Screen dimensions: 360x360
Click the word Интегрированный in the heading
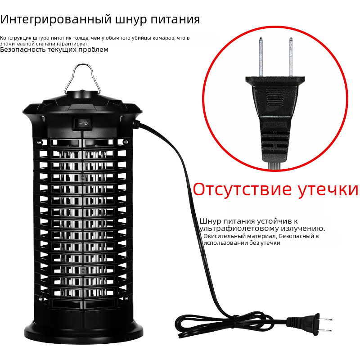click(x=55, y=20)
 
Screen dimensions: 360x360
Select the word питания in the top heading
click(x=175, y=19)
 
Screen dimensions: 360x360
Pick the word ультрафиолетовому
click(x=239, y=229)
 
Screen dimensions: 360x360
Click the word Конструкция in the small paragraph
click(x=15, y=38)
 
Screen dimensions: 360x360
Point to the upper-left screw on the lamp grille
click(x=39, y=142)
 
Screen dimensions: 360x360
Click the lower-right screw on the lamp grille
click(x=126, y=298)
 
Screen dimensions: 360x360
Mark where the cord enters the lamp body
click(x=137, y=124)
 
